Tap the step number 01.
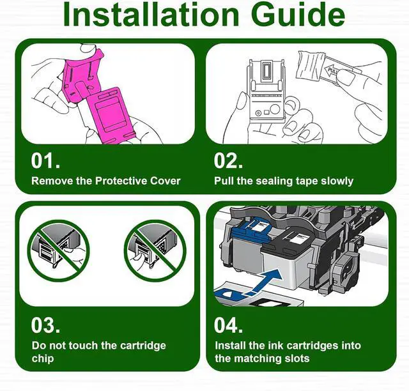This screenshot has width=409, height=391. click(x=45, y=161)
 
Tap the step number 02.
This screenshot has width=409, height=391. click(x=228, y=161)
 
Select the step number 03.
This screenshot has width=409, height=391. click(x=45, y=325)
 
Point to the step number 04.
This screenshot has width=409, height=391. click(x=228, y=325)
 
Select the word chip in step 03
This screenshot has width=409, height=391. click(x=43, y=358)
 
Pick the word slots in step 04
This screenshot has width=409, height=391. click(x=295, y=358)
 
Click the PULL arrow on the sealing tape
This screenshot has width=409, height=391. click(x=331, y=71)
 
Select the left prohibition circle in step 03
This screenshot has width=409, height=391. click(x=58, y=250)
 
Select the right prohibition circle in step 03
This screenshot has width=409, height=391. click(x=155, y=250)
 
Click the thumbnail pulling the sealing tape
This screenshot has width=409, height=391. click(x=345, y=77)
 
